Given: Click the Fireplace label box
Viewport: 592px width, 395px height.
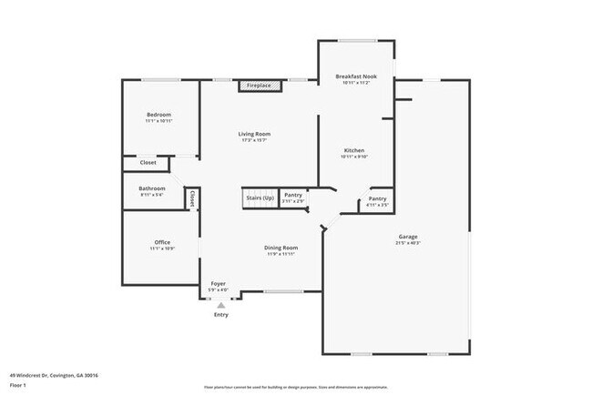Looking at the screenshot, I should tap(260, 86).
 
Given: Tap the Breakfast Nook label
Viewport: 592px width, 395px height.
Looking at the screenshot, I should tap(355, 76).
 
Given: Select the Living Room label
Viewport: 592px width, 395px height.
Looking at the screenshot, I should tap(255, 134).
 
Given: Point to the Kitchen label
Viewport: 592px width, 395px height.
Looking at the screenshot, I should tap(354, 150).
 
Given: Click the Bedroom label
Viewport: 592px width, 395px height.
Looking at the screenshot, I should tap(159, 115).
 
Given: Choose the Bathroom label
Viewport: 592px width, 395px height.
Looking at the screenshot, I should tap(152, 188).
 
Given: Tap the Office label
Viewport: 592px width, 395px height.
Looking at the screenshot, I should tap(162, 242).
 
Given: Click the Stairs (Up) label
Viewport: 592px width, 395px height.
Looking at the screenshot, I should tap(259, 197).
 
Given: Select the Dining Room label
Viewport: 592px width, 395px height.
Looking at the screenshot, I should tap(281, 248).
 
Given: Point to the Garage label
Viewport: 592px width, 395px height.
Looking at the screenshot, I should tap(407, 237).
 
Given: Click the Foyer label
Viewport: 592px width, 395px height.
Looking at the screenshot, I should tap(219, 284).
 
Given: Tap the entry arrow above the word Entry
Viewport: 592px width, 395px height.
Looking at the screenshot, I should tap(220, 306).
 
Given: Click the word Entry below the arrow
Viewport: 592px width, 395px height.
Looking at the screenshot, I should tap(220, 315).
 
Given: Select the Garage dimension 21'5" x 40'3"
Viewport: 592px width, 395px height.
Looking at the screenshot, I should tap(407, 243).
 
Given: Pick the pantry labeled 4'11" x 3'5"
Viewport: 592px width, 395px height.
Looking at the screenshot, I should tap(377, 201).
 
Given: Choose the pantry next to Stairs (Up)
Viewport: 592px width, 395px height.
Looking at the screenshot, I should tap(292, 197).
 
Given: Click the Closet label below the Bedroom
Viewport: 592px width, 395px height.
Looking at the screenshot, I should tap(148, 163).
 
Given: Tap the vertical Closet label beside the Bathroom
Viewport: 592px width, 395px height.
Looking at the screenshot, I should tap(192, 198).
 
